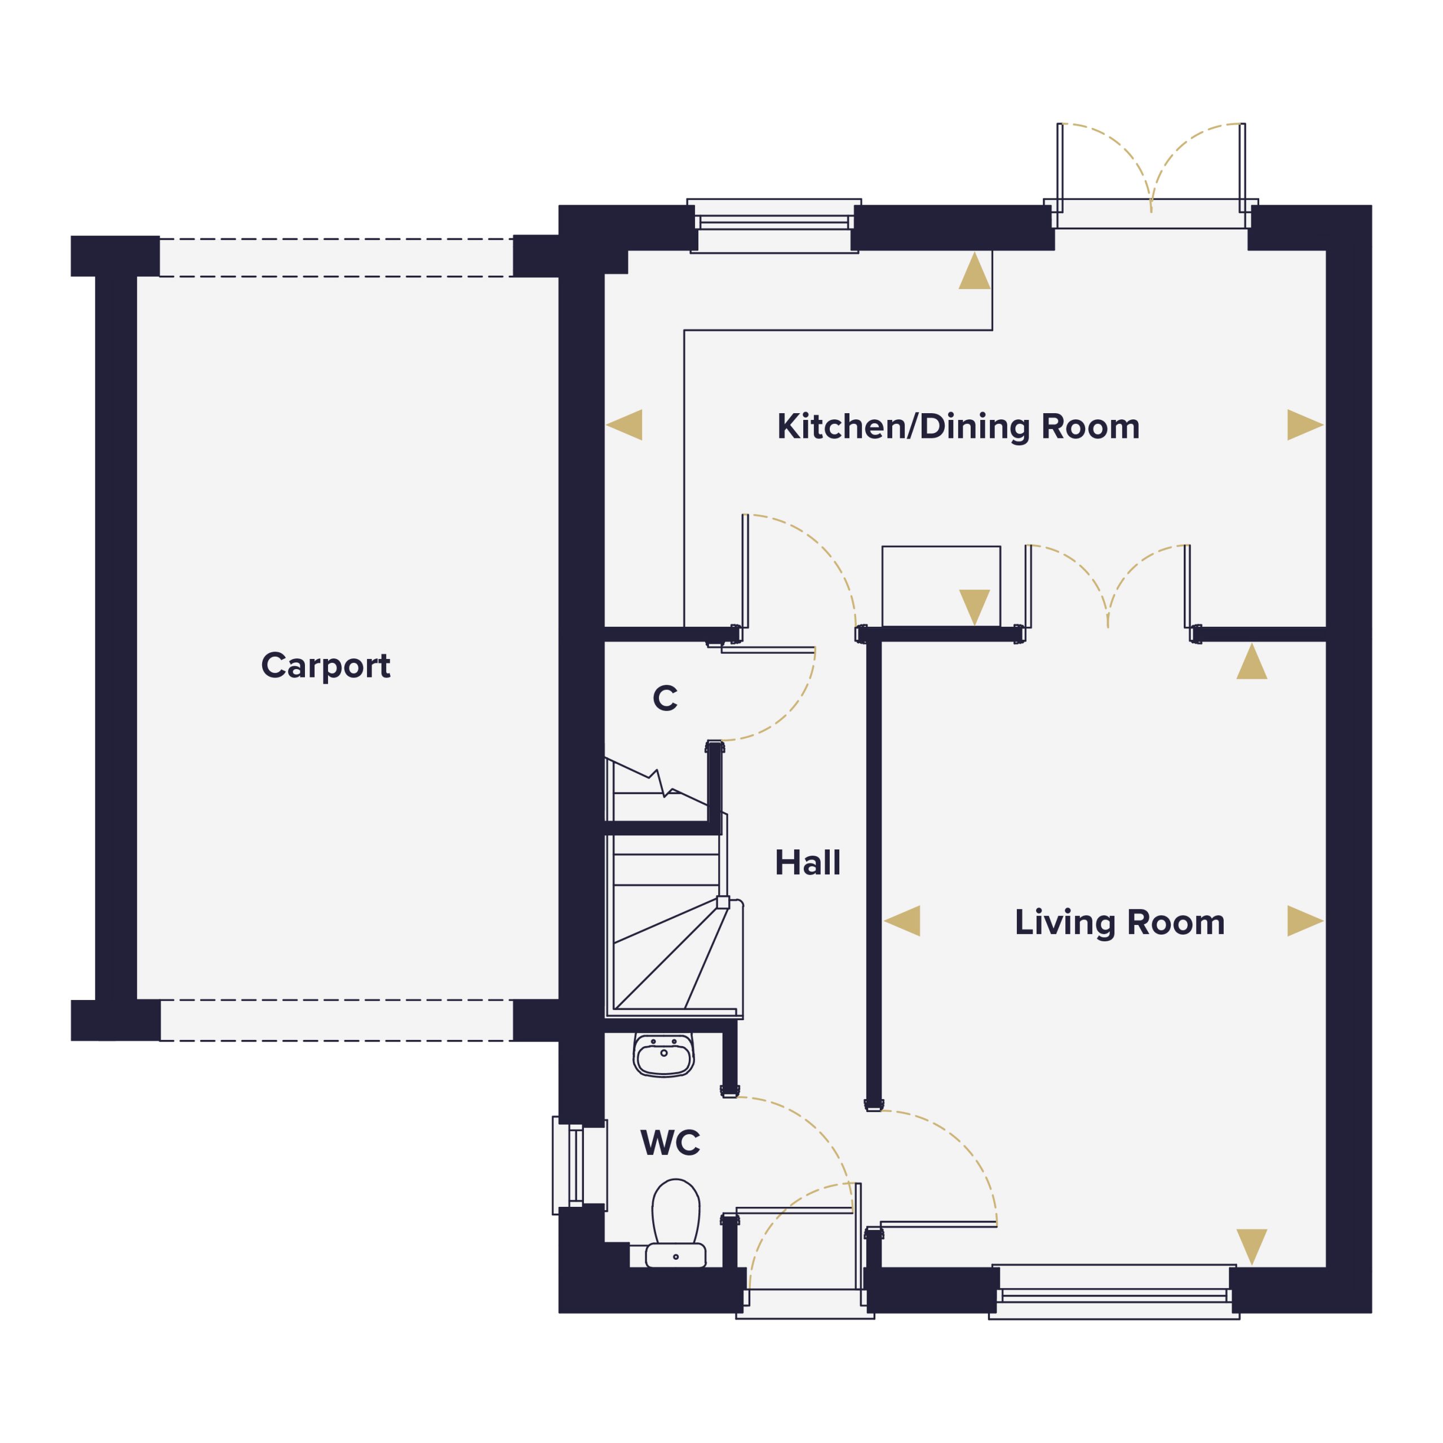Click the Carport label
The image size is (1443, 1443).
(326, 666)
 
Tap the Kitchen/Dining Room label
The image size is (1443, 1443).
(958, 427)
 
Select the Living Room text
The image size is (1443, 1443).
(1119, 922)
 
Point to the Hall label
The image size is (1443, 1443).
(807, 862)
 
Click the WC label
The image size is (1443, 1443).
(670, 1143)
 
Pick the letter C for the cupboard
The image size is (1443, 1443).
(665, 698)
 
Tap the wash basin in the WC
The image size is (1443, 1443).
(663, 1055)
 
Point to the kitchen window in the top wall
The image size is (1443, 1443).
(774, 225)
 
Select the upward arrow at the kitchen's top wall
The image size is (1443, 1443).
(975, 271)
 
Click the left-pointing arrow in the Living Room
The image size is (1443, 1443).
(902, 921)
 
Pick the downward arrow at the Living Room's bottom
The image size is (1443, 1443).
(1252, 1247)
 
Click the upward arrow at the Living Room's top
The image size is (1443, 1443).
(1252, 661)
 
